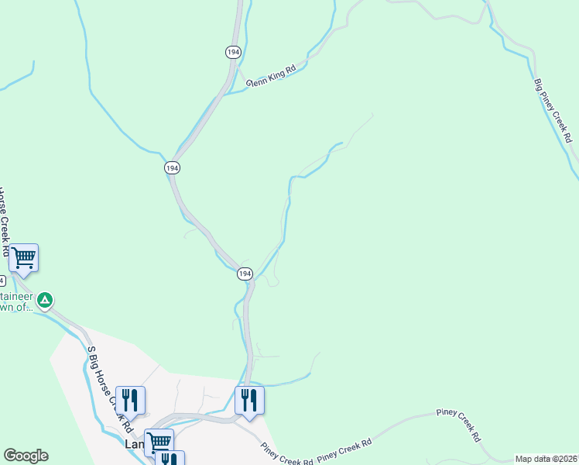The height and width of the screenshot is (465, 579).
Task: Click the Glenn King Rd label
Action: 271,76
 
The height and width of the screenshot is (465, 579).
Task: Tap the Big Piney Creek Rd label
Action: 553,109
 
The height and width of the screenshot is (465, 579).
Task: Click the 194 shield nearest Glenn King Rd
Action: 233,51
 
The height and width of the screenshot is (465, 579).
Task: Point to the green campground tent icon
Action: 45,299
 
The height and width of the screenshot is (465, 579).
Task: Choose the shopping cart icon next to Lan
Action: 159,442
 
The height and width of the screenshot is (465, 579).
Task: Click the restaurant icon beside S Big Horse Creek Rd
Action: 130,400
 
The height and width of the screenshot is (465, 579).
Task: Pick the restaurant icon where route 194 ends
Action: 249,400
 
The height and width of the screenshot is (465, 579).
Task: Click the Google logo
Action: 26,456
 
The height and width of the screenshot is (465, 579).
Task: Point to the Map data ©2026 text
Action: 546,459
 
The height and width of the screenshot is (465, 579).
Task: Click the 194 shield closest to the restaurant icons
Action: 245,274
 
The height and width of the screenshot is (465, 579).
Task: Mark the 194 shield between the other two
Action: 171,167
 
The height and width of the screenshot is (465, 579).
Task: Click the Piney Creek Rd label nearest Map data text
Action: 457,420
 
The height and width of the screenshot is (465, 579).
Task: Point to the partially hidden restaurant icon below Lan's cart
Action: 170,459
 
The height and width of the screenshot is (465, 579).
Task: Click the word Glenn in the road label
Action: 258,80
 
